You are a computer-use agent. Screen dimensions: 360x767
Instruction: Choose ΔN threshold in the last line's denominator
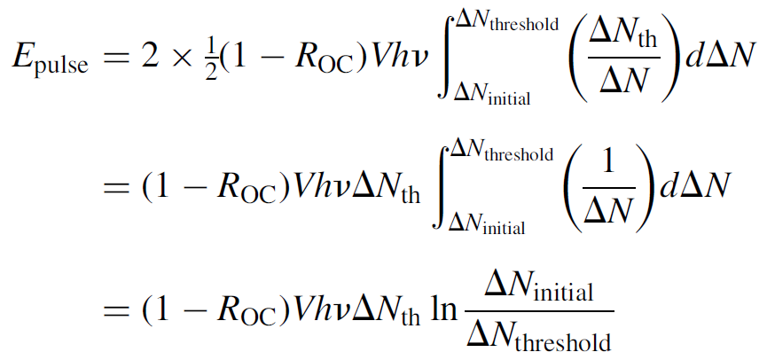[x=537, y=338]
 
